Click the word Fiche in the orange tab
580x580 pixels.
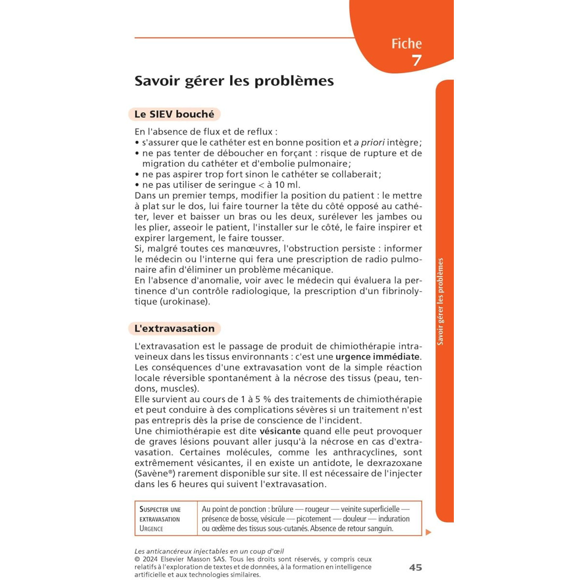(x=406, y=44)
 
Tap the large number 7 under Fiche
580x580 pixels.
(x=417, y=60)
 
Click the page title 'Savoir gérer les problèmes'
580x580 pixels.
(x=234, y=81)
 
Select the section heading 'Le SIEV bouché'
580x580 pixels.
(x=174, y=115)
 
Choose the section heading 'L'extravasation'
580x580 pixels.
(x=174, y=329)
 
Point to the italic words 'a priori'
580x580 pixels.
(x=369, y=143)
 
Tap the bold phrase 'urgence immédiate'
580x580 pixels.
(x=377, y=357)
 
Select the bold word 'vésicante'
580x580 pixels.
(x=280, y=431)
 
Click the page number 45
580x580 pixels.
(x=415, y=567)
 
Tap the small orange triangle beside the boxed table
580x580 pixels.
(x=428, y=532)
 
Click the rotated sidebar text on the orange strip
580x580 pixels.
(x=440, y=302)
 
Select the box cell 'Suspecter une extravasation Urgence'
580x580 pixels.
(x=160, y=519)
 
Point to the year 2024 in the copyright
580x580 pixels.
(x=151, y=559)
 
